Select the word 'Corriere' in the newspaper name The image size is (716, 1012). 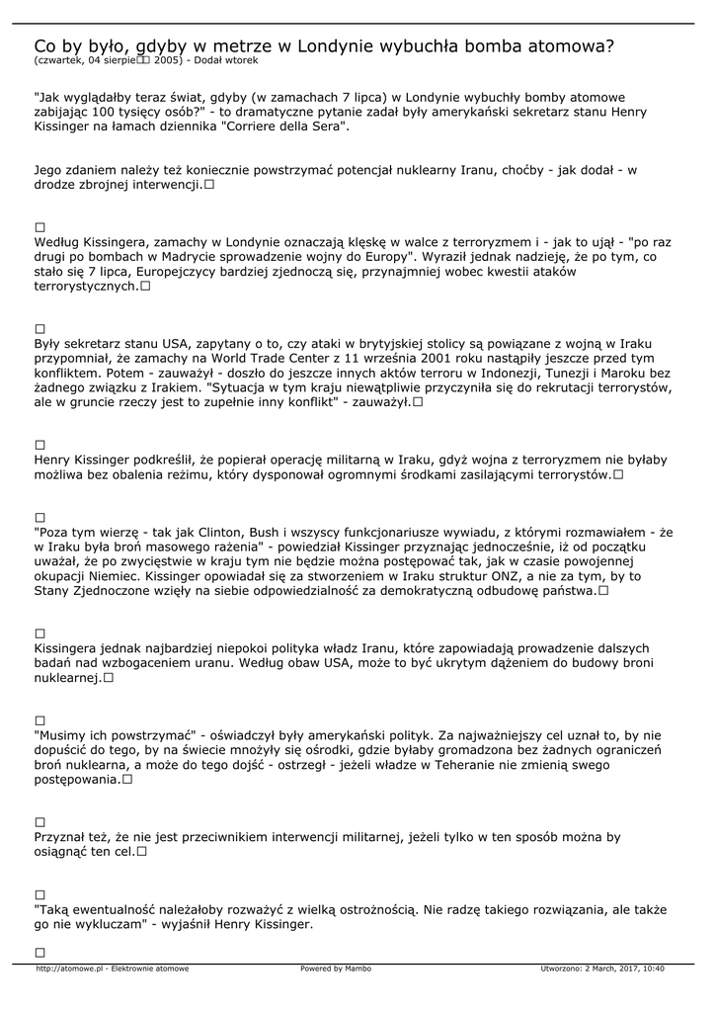260,127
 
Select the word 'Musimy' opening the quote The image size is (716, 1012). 63,735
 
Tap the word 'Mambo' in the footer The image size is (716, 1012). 358,969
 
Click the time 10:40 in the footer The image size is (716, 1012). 651,969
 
